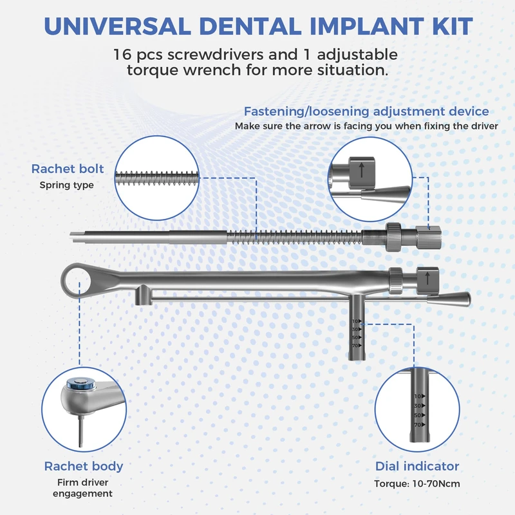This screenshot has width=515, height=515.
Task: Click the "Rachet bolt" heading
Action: pyautogui.click(x=68, y=169)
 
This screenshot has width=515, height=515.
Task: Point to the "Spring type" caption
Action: pyautogui.click(x=66, y=185)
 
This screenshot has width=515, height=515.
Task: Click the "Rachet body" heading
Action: pyautogui.click(x=84, y=466)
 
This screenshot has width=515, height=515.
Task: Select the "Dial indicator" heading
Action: pyautogui.click(x=417, y=466)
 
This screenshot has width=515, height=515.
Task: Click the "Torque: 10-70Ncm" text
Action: pyautogui.click(x=417, y=484)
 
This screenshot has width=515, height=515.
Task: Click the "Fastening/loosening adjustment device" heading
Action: pyautogui.click(x=366, y=111)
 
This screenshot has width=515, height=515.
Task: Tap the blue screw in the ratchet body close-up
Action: pyautogui.click(x=80, y=384)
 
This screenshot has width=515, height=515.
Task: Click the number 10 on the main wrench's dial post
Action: pyautogui.click(x=355, y=321)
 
